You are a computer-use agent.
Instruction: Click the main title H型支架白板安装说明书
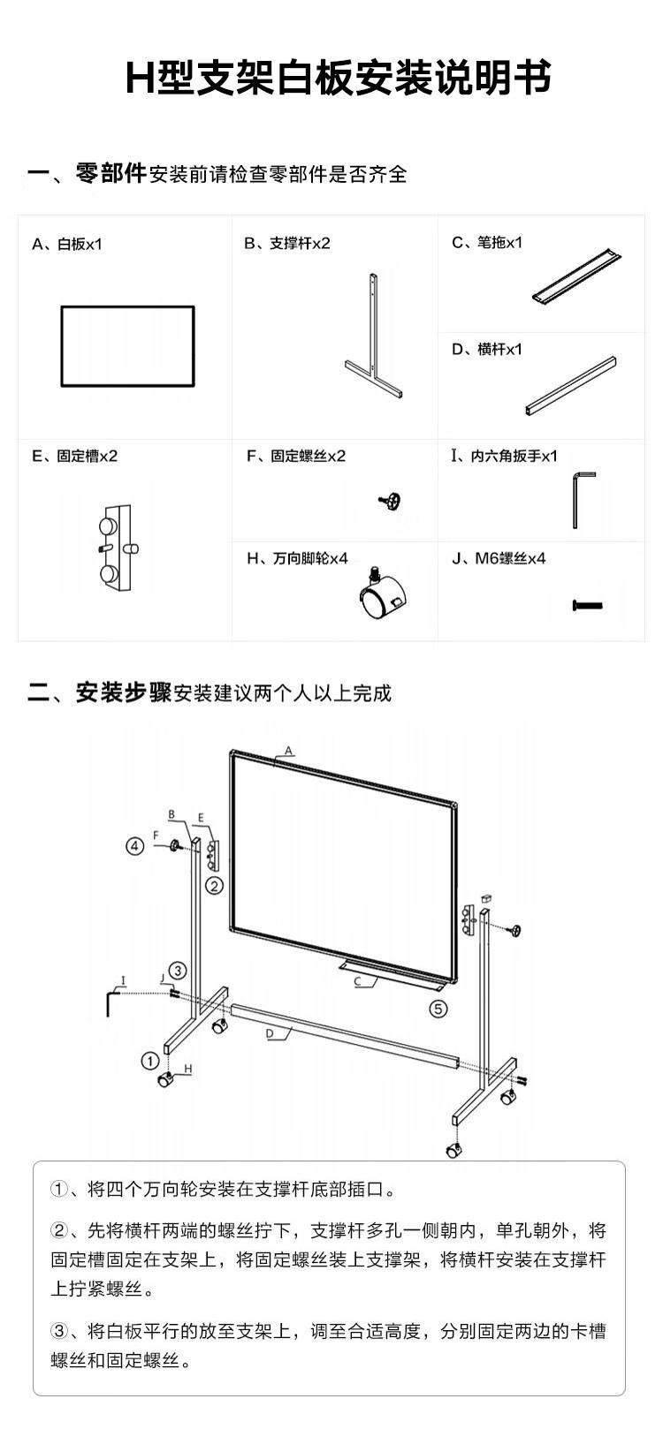coord(338,79)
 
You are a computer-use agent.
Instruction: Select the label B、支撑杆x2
coord(286,243)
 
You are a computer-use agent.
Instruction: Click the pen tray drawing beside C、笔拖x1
coord(576,277)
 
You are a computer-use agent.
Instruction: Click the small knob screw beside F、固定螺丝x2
coord(389,501)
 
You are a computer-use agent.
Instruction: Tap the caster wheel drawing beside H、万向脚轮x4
coord(381,594)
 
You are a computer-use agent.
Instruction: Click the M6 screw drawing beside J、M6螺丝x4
coord(588,605)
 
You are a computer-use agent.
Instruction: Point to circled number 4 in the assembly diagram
coord(134,846)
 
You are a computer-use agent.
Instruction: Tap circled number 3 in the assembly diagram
coord(178,971)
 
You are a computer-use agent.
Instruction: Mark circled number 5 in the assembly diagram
coord(438,1009)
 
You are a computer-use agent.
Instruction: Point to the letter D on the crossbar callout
coord(270,1033)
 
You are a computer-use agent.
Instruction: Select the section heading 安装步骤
coord(123,692)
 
